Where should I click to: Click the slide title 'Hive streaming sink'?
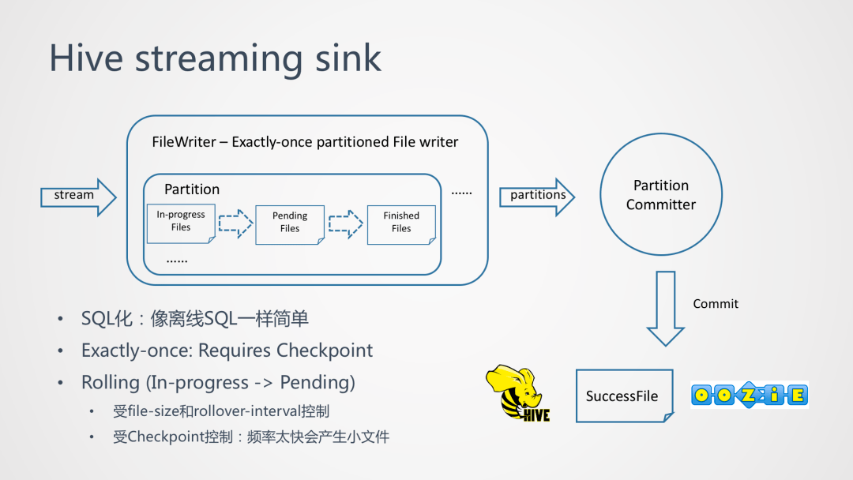[x=215, y=59]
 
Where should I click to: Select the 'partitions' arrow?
[x=537, y=196]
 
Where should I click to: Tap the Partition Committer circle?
[x=661, y=195]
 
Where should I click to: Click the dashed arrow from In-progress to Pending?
[x=235, y=223]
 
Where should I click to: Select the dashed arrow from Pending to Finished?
[x=345, y=223]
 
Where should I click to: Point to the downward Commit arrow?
[x=665, y=308]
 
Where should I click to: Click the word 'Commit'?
[x=716, y=304]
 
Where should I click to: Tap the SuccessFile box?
[x=623, y=396]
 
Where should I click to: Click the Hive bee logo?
[x=517, y=392]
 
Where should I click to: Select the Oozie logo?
[x=749, y=394]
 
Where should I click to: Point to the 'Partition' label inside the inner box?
[x=192, y=189]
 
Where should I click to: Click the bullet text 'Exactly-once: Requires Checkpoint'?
[x=227, y=351]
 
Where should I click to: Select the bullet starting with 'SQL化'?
[x=194, y=319]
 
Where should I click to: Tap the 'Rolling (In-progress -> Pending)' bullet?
[x=218, y=383]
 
